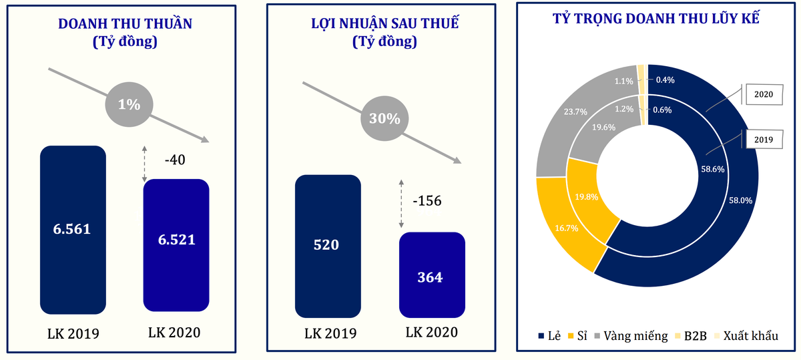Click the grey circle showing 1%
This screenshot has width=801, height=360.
[129, 104]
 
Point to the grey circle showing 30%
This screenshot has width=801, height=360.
[384, 119]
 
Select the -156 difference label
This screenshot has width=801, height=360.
[427, 201]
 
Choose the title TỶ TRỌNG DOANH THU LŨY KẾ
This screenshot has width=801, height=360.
[656, 18]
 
